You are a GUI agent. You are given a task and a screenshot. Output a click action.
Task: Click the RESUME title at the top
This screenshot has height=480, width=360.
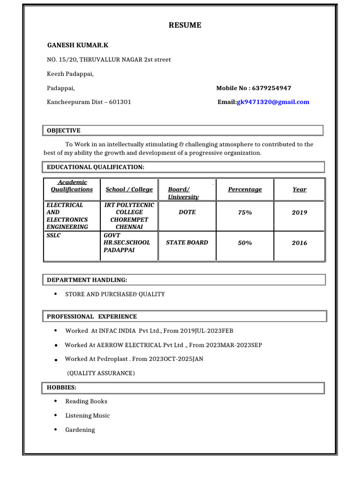185,25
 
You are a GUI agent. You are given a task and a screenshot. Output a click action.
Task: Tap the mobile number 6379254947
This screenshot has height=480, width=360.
271,88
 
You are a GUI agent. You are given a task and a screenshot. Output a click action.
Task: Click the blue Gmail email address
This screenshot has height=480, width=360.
273,102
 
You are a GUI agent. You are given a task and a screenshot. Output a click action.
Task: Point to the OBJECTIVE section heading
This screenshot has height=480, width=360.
64,131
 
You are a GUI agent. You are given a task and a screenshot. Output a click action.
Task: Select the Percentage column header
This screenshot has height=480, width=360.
245,189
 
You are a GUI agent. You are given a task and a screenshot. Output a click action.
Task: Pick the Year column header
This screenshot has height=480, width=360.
300,189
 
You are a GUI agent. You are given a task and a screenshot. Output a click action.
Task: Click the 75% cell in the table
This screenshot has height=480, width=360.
245,212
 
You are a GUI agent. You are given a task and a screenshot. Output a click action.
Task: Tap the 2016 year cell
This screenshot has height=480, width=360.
300,243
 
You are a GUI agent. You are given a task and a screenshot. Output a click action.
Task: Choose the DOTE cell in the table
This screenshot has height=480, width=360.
187,212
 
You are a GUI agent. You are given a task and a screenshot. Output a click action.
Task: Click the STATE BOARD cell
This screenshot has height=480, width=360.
187,243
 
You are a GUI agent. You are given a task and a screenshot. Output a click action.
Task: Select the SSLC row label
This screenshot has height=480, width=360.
54,236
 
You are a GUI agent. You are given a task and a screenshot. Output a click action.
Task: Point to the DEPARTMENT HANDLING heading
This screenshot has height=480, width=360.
87,280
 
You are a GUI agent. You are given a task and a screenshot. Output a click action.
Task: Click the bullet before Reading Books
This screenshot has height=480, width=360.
56,401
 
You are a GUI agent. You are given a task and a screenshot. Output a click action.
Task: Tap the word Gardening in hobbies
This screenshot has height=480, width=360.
80,430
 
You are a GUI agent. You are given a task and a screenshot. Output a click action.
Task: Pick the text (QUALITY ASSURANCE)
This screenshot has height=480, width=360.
101,373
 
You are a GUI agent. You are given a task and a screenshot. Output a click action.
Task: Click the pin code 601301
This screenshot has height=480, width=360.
120,102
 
